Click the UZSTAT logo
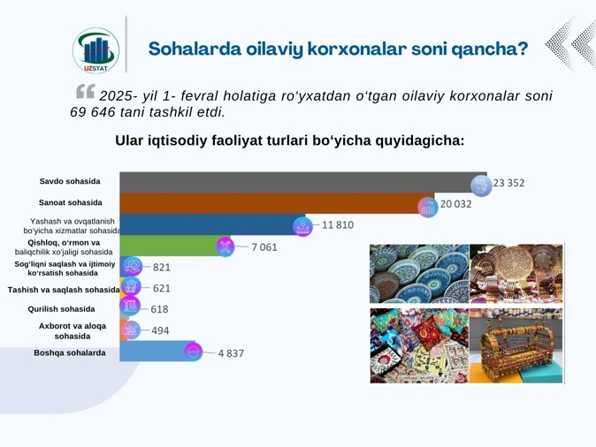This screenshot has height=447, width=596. point(96,50)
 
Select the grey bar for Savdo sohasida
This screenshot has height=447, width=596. point(303,182)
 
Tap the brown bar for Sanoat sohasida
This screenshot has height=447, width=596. point(277,203)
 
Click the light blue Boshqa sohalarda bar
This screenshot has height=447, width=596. point(157,351)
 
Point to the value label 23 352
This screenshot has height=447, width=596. point(509,183)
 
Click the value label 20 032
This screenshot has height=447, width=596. point(455,204)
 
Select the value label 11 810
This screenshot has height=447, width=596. point(338,225)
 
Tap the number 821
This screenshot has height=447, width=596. point(162,268)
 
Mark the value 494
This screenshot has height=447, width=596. point(160,330)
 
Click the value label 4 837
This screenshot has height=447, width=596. point(231,353)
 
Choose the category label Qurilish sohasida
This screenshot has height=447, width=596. point(61,309)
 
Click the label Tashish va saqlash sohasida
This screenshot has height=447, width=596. point(64,290)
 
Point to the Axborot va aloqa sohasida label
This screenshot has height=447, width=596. point(73,330)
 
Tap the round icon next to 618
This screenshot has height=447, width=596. point(130,306)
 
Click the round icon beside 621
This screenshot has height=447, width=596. point(131,285)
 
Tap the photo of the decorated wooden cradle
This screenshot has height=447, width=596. point(516,345)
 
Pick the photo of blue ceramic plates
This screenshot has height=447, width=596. point(420,274)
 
